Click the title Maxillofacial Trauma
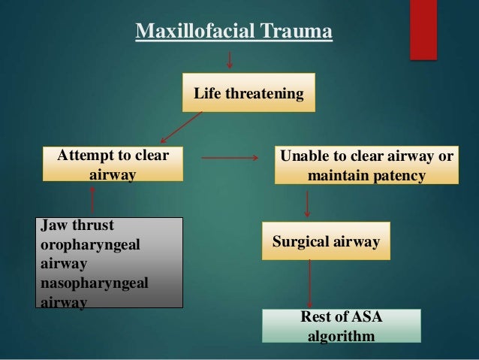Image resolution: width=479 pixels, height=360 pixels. tap(233, 32)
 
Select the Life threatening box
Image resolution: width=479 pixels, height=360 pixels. tap(249, 94)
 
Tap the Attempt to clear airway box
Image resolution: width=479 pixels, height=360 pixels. tap(113, 165)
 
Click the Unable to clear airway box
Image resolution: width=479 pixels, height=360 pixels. tap(366, 165)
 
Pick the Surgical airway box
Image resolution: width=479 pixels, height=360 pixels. tap(326, 241)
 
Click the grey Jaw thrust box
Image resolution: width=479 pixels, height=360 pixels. tap(110, 262)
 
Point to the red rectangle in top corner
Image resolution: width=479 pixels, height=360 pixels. tap(423, 29)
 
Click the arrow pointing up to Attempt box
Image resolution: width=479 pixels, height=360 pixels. tap(92, 199)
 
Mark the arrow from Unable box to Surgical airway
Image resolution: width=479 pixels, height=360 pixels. tap(308, 203)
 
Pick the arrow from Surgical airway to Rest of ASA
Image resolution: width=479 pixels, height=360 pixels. tap(309, 283)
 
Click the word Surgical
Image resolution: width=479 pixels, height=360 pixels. tap(300, 241)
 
